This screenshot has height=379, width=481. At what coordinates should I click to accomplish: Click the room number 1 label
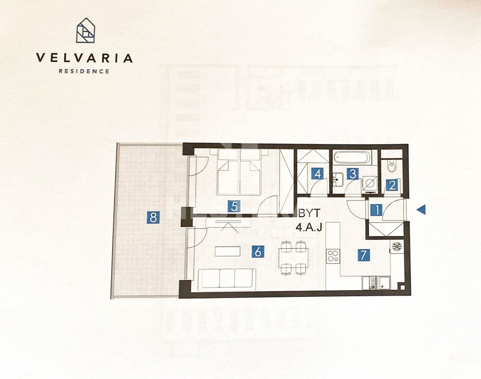pos(377,210)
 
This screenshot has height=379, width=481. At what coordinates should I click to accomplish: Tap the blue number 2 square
pos(392,185)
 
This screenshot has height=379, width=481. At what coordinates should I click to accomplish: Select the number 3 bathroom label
pos(353,174)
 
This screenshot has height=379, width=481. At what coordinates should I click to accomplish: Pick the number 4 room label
pos(317,174)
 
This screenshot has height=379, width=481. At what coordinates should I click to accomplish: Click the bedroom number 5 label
pos(234,206)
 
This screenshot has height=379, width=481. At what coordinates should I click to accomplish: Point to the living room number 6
pos(258,252)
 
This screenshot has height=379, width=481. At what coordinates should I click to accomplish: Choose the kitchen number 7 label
pos(364,255)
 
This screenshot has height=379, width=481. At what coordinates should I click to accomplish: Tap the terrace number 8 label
pos(153,218)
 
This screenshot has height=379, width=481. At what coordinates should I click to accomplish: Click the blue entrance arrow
pos(421,210)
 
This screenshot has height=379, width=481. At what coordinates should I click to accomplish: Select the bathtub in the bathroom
pos(352,157)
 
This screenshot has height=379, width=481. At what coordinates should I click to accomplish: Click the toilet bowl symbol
pos(391,166)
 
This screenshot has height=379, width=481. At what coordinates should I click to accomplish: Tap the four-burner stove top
pos(333,256)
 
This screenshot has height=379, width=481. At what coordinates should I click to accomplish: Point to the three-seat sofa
pos(227,279)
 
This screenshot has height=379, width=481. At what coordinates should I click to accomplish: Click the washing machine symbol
pos(371,184)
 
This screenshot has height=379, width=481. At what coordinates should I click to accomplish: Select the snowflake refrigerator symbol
pos(397,247)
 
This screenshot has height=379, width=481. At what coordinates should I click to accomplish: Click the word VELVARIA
pos(84,58)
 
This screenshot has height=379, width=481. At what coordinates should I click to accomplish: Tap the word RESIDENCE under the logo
pos(84,71)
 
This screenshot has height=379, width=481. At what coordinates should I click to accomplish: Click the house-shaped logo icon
pos(86,30)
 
